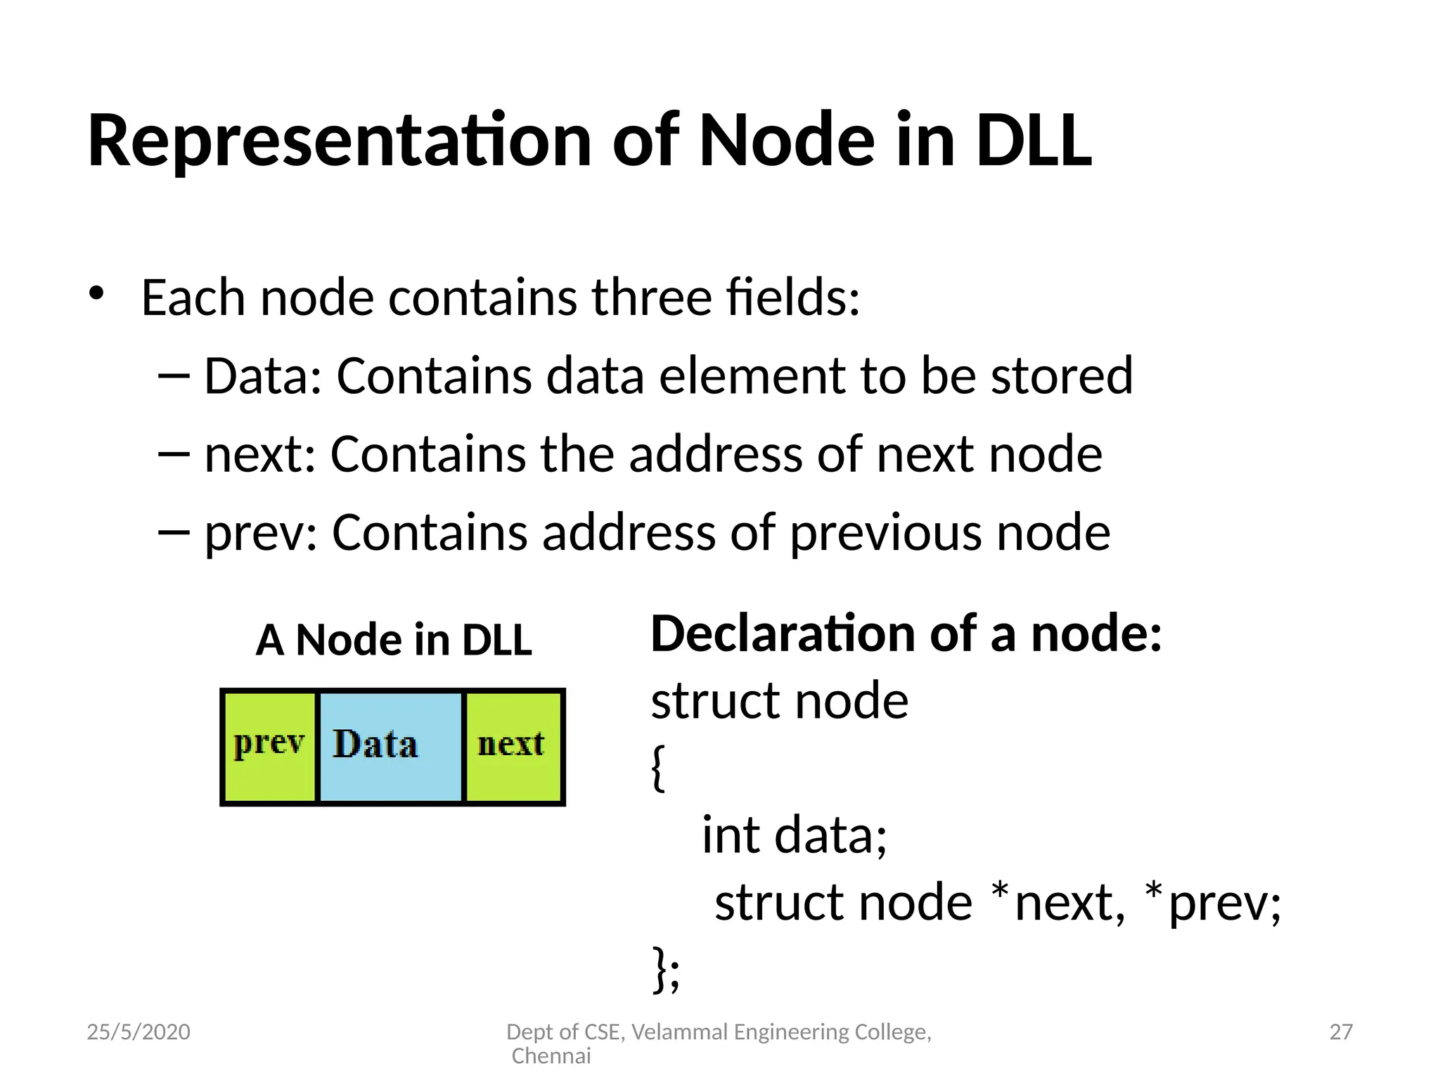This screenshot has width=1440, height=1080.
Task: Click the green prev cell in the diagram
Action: click(x=269, y=747)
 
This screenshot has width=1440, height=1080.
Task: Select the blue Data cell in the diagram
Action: click(x=391, y=747)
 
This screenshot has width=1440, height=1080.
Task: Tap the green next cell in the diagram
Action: click(x=513, y=747)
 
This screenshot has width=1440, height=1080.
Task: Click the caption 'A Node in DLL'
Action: click(x=394, y=641)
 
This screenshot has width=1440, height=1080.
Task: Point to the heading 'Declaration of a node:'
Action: click(x=906, y=634)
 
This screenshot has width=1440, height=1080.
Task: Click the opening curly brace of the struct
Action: click(x=657, y=768)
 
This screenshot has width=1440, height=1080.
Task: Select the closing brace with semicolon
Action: click(x=666, y=970)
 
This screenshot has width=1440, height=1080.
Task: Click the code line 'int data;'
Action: click(x=795, y=835)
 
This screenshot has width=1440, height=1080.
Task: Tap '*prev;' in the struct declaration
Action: click(x=1214, y=903)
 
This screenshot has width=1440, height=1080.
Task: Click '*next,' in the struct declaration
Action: click(x=1058, y=903)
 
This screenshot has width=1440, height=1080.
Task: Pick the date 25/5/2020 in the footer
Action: click(x=139, y=1032)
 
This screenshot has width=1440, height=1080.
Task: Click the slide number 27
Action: click(x=1341, y=1032)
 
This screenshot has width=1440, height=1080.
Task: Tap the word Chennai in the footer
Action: click(x=551, y=1056)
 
